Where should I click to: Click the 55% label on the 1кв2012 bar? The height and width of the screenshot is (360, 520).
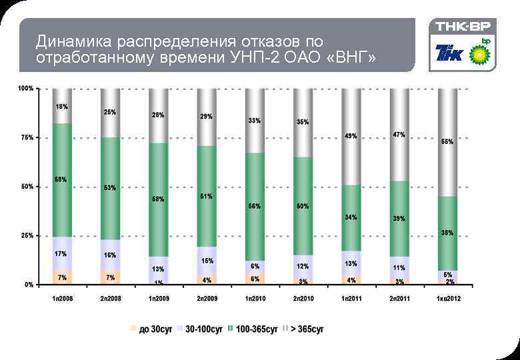coord(447,141)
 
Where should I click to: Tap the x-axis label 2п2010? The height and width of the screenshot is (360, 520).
coord(303,298)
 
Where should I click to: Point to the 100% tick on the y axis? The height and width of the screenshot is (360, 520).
coord(26,89)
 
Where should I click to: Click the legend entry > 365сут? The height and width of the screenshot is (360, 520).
coord(306,329)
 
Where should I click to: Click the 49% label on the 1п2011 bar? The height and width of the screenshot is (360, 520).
coord(351,136)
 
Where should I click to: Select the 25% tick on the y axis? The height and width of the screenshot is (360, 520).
coord(26,235)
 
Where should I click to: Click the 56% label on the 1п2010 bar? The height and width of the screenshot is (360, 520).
coord(255,207)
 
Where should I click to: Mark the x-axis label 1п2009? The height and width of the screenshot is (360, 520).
coord(158,298)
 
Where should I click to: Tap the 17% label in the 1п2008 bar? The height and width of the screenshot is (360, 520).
coord(62,253)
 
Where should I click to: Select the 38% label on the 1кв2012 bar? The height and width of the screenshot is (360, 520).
coord(447,233)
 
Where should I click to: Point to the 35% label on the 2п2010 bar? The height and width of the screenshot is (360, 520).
coord(303,122)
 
